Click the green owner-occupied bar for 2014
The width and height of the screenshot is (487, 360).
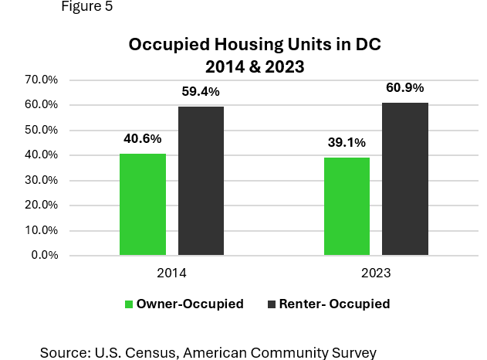click(143, 205)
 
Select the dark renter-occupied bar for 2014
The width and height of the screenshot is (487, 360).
click(201, 181)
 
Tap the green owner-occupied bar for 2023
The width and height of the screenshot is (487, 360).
click(347, 206)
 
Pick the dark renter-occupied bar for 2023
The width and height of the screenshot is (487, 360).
click(404, 179)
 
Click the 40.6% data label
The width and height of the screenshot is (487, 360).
click(143, 139)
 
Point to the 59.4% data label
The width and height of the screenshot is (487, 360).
click(201, 92)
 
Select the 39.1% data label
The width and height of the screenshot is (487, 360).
click(347, 143)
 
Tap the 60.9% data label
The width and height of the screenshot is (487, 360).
click(404, 88)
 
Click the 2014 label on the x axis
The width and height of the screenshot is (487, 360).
click(171, 273)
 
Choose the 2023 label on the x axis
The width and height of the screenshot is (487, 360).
click(376, 273)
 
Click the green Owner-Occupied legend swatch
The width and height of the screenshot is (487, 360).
click(129, 304)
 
